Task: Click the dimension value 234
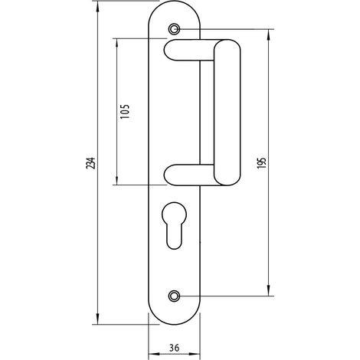click(91, 162)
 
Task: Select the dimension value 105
click(125, 111)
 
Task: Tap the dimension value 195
click(261, 162)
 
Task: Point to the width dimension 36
click(174, 347)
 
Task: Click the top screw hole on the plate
click(174, 29)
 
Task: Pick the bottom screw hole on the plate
click(174, 296)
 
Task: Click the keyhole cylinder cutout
click(174, 225)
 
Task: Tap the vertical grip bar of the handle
click(227, 113)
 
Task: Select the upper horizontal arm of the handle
click(189, 50)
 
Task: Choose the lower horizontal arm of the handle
click(189, 175)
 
